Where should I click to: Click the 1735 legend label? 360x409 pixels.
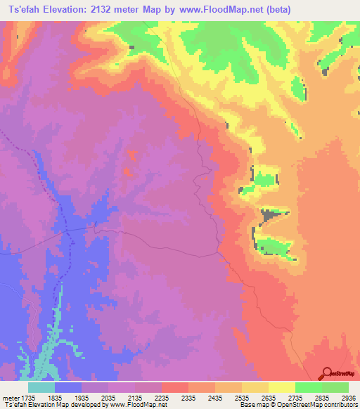(27, 398)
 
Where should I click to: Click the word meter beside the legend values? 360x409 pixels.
(10, 398)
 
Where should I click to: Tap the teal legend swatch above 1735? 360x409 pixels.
(41, 387)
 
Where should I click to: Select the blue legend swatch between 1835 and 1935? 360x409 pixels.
(68, 387)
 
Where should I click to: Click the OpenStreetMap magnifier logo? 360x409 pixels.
(326, 373)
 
